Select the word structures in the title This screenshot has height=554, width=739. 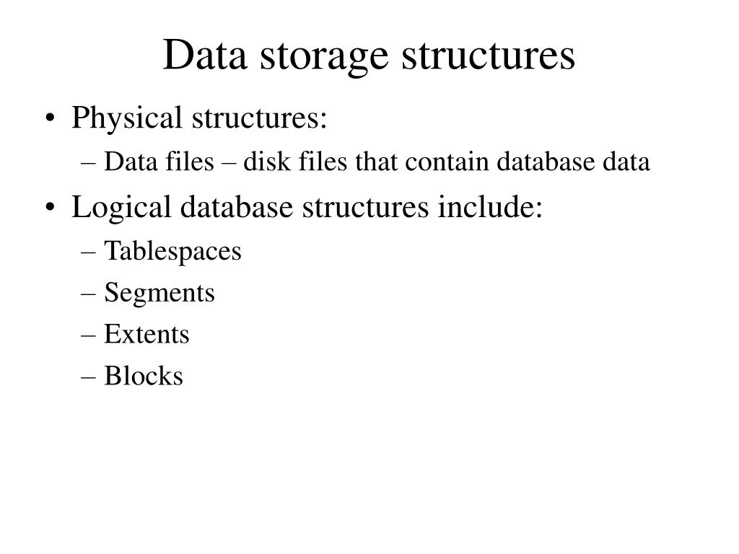[x=488, y=56]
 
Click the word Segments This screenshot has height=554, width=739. [x=159, y=293]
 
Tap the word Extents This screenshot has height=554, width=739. [x=147, y=334]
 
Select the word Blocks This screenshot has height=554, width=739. [x=144, y=376]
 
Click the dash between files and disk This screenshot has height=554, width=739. [x=229, y=164]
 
